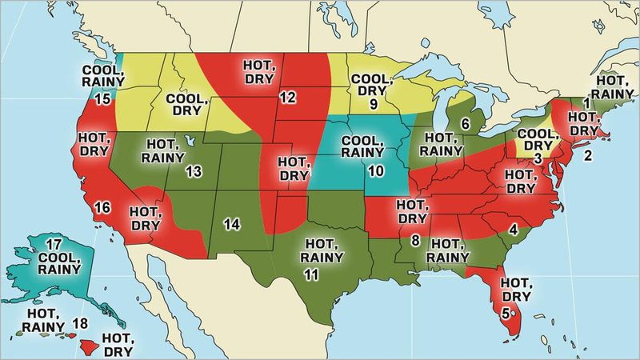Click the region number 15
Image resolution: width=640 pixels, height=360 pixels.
coord(102,99)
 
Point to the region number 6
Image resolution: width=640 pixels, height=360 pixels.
coord(465,123)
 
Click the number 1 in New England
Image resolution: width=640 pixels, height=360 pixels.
coord(586,102)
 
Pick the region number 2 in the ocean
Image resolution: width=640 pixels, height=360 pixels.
coord(588,156)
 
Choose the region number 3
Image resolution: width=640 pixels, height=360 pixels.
coord(538,160)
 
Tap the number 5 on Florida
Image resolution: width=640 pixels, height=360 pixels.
coord(506,312)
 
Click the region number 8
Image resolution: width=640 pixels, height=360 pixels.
coord(415,240)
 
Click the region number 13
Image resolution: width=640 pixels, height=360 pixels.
coord(193,171)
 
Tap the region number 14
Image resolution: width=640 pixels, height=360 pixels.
coord(231,223)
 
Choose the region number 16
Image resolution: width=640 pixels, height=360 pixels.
coord(102,208)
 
